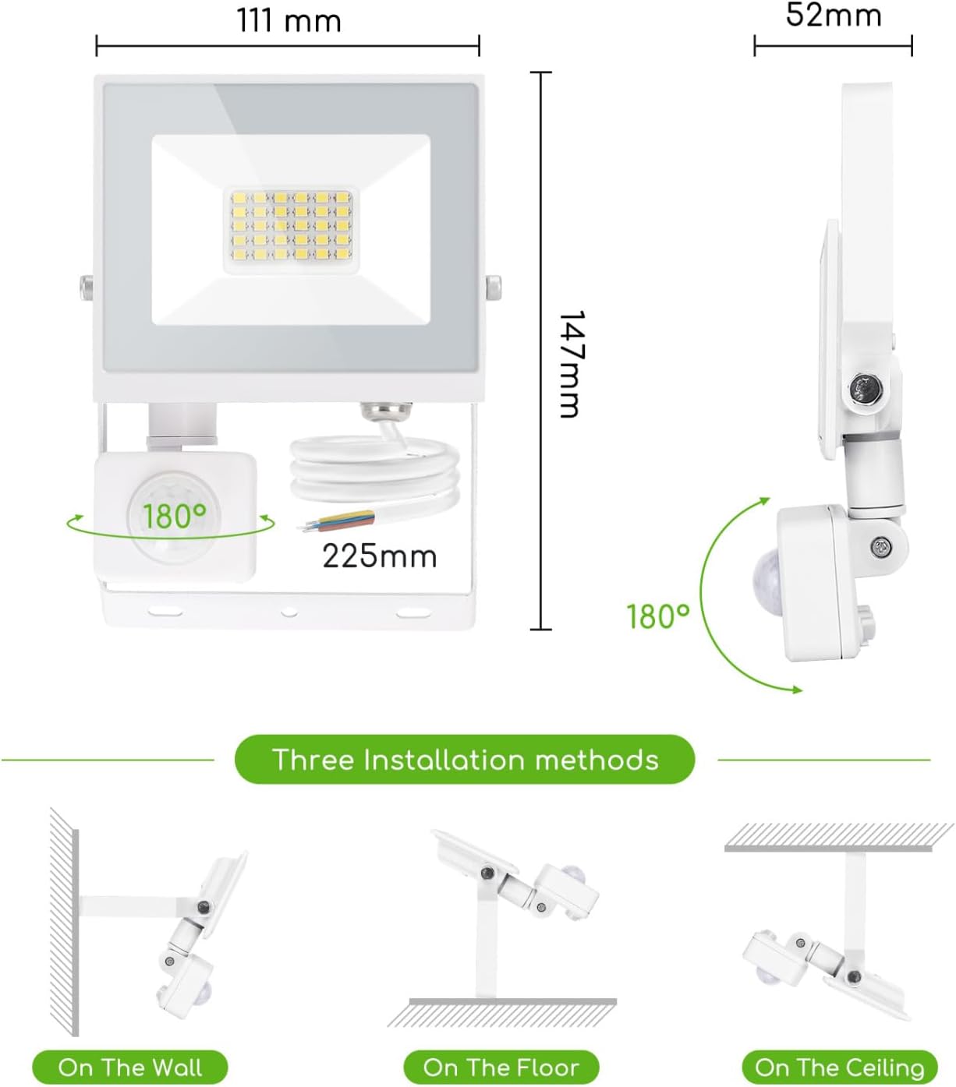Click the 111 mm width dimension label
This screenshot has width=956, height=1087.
click(x=289, y=20)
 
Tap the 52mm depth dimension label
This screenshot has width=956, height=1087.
click(x=833, y=15)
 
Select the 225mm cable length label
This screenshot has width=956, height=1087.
click(x=379, y=556)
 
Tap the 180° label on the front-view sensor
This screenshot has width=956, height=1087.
click(x=174, y=516)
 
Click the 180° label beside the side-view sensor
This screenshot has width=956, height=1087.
click(x=658, y=616)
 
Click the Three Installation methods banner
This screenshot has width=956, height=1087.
click(x=465, y=760)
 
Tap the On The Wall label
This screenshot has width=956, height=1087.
click(x=129, y=1067)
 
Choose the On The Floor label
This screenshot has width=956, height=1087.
click(x=501, y=1067)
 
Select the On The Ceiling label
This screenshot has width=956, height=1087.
click(x=839, y=1067)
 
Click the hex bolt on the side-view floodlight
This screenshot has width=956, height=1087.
click(x=864, y=387)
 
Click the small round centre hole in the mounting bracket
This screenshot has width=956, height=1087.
click(x=289, y=612)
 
